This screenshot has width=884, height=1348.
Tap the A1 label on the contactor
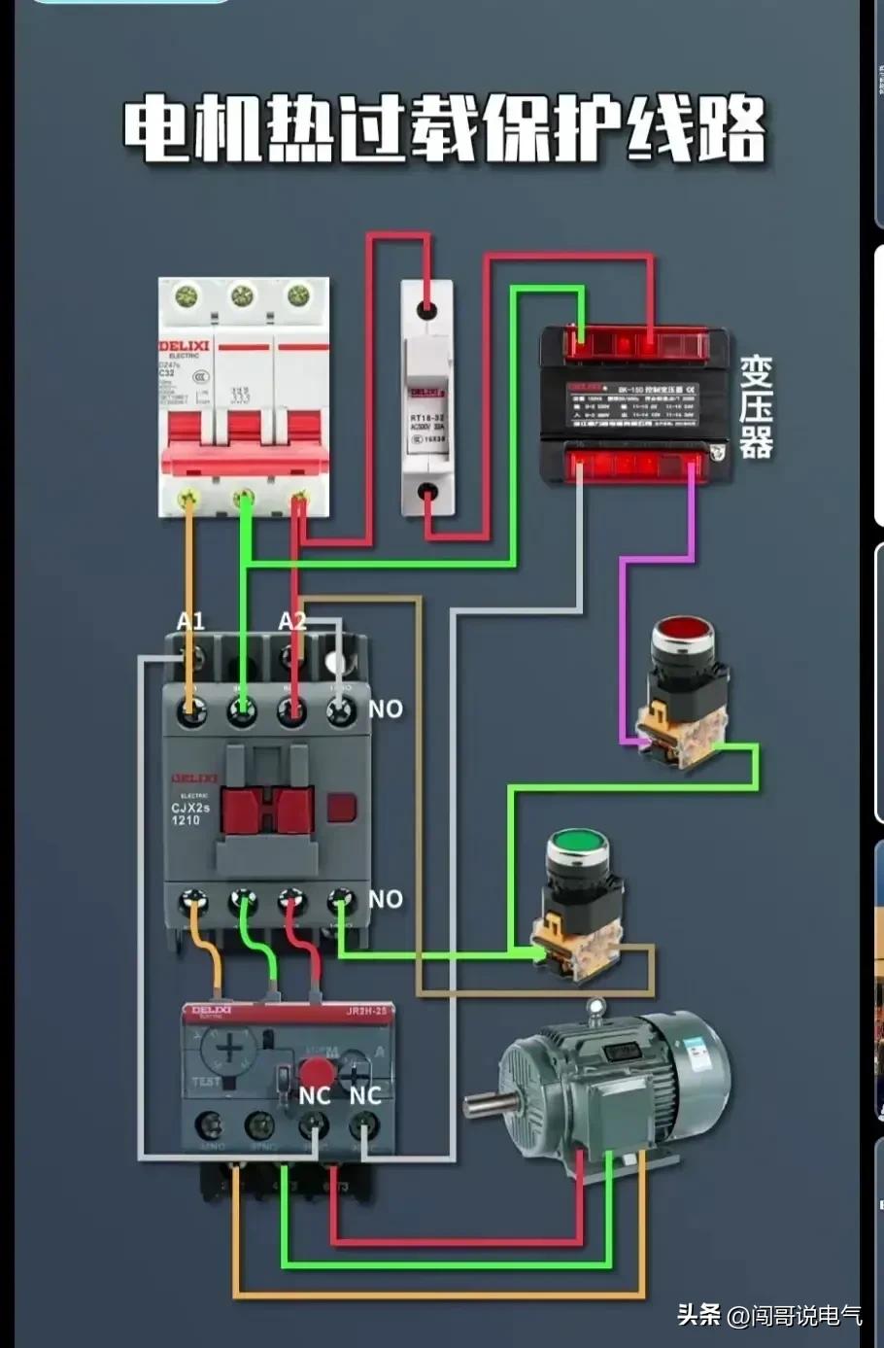[x=191, y=621]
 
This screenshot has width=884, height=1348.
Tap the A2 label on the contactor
[x=292, y=621]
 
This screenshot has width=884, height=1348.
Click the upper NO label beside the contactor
[x=386, y=709]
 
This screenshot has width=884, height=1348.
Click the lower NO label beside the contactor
[x=386, y=899]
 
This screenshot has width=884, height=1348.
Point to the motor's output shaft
[x=486, y=1104]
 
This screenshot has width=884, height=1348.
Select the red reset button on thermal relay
[x=316, y=1072]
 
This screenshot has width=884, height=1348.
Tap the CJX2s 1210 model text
[x=190, y=813]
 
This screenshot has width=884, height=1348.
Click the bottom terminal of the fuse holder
[x=426, y=493]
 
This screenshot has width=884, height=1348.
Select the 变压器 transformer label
[x=756, y=407]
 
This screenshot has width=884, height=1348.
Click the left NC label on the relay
[x=315, y=1096]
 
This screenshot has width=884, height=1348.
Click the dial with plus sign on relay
[x=229, y=1049]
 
